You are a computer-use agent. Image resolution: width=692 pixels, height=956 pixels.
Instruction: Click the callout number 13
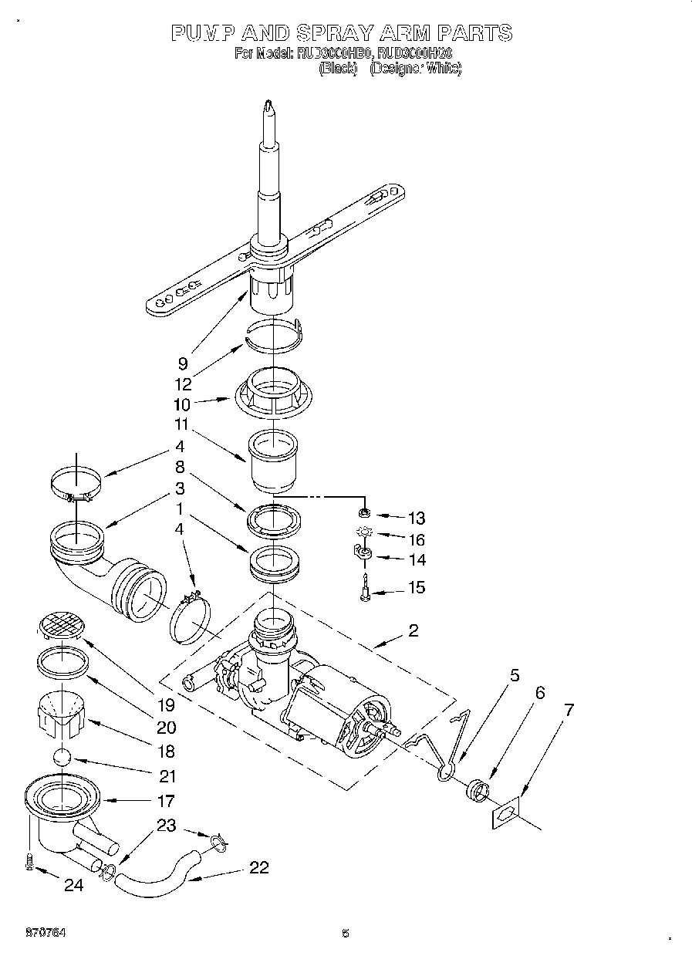point(417,518)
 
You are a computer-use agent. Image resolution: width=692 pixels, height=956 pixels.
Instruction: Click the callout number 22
point(258,867)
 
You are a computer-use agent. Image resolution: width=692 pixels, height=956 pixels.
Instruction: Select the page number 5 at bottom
point(345,933)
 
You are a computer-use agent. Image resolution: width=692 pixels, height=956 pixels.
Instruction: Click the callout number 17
point(165,801)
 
